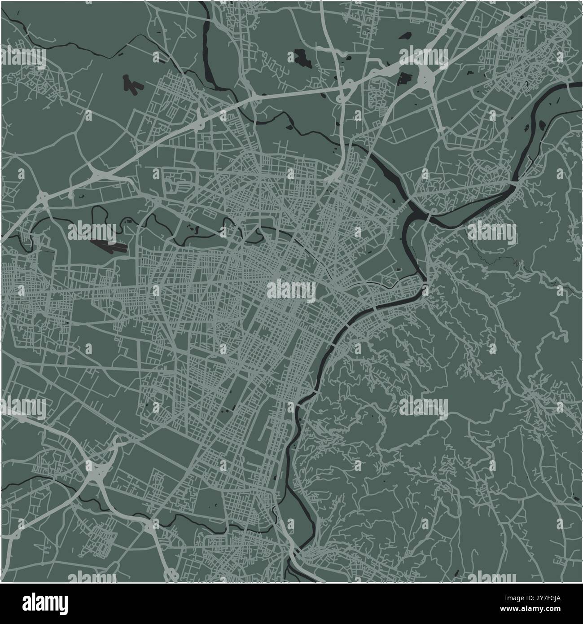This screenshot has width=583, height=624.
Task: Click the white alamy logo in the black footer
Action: point(45,602)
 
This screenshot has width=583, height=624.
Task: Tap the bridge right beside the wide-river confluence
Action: point(429,218)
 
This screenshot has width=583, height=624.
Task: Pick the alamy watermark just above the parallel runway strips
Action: point(92,231)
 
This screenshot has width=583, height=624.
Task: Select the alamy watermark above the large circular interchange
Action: point(423,57)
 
